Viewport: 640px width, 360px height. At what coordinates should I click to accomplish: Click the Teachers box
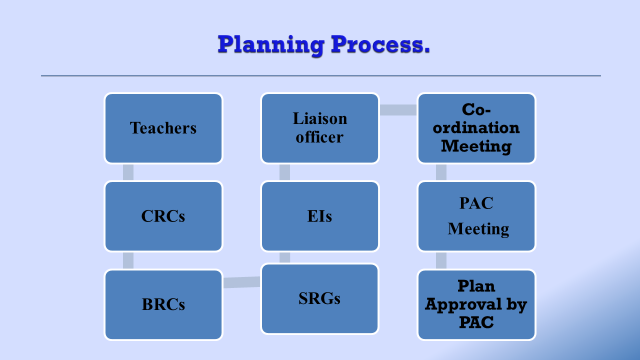(163, 128)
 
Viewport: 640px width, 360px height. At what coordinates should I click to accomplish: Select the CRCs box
(163, 216)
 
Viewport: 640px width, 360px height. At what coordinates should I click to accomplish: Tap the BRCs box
(163, 304)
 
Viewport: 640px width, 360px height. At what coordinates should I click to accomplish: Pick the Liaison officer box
(319, 128)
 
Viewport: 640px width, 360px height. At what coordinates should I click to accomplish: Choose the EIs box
(319, 216)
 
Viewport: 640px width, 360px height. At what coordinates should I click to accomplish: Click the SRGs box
(319, 298)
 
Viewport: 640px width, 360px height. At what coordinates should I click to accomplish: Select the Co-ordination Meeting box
(476, 128)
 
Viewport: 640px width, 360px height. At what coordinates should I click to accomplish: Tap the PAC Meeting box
(476, 216)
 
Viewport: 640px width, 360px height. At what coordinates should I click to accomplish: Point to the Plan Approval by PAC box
(476, 304)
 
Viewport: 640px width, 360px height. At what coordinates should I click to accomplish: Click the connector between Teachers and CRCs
(128, 172)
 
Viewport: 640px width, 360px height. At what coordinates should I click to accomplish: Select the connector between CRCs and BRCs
(128, 260)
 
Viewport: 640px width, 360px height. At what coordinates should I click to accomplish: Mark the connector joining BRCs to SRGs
(241, 282)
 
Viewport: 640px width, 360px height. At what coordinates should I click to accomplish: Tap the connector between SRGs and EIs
(284, 257)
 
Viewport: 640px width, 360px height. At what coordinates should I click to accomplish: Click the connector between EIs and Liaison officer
(284, 172)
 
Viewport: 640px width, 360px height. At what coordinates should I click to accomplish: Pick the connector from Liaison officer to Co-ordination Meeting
(398, 110)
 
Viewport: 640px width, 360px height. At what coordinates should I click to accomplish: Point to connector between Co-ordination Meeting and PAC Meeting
(441, 172)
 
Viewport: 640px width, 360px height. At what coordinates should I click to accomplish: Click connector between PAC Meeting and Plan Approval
(441, 260)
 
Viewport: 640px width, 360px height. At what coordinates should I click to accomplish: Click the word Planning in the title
(271, 45)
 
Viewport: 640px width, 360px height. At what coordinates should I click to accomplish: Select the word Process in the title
(377, 44)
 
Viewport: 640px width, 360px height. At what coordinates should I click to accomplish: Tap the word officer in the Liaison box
(319, 137)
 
